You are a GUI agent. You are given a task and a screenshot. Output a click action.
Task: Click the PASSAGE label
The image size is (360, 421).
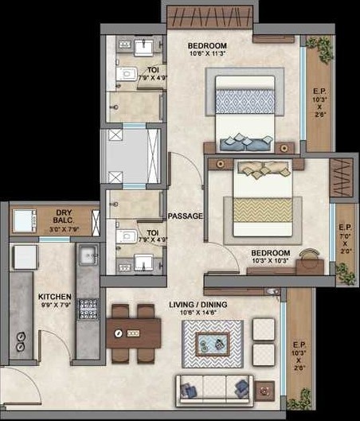click(x=185, y=216)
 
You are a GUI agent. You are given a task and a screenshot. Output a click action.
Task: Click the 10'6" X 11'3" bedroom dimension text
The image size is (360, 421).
click(x=208, y=55)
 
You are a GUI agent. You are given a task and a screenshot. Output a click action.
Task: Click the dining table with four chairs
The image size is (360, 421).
click(x=133, y=331)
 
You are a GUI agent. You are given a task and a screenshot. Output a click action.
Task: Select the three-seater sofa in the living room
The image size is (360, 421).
click(x=214, y=389)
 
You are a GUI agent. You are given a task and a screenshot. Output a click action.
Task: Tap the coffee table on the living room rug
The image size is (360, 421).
click(x=212, y=345)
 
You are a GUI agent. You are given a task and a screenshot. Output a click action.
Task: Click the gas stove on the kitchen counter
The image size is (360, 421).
click(x=87, y=306)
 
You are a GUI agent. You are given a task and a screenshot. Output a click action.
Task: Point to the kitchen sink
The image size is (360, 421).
click(x=88, y=255)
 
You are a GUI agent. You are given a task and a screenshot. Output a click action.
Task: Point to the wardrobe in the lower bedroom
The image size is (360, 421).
click(x=341, y=177)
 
